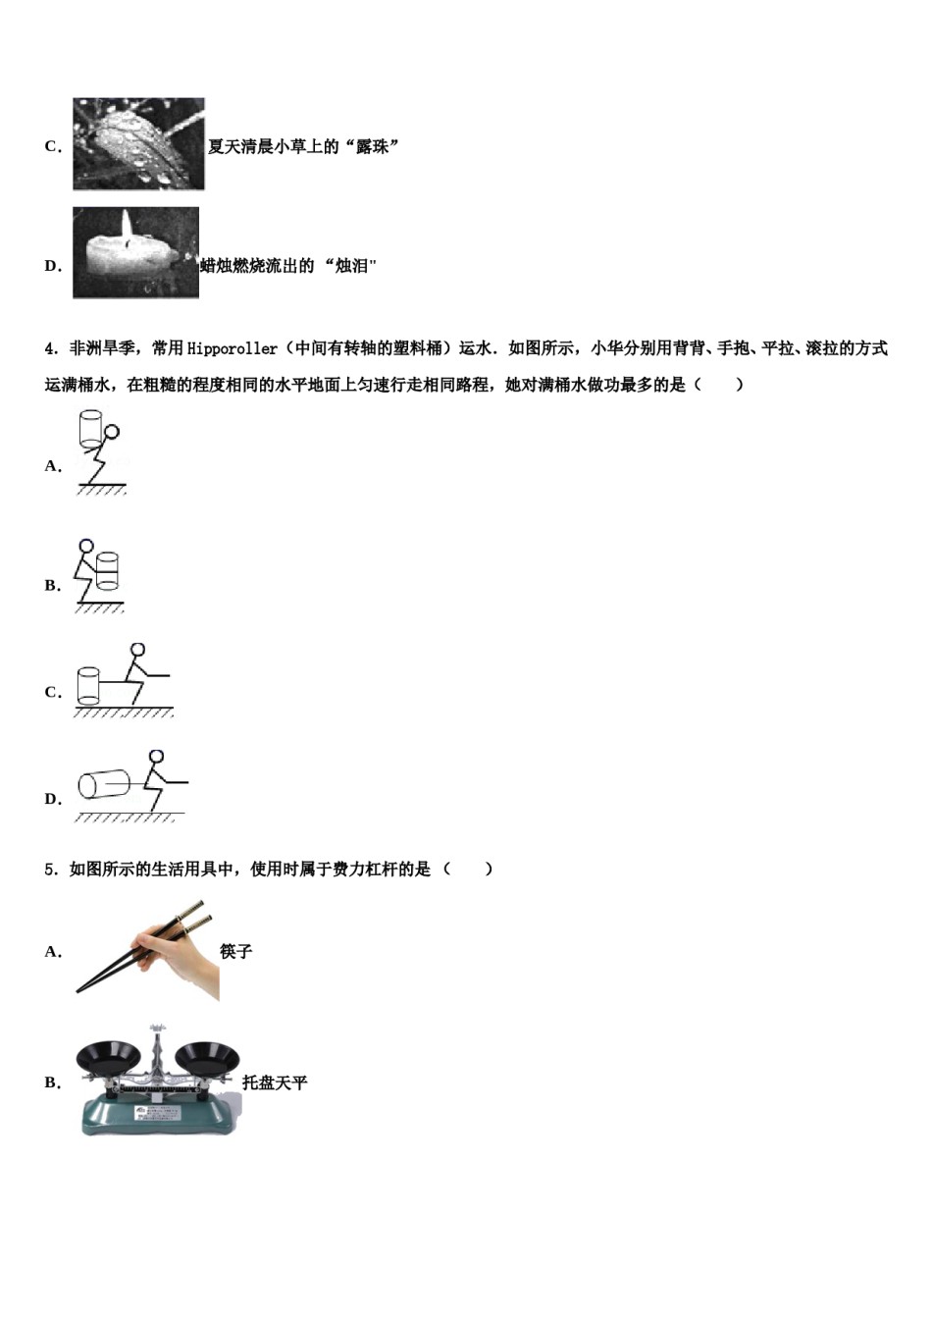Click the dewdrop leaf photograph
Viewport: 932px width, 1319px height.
tap(138, 143)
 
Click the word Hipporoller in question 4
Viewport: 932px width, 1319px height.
tap(232, 348)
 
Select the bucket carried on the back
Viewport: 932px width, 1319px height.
tap(91, 427)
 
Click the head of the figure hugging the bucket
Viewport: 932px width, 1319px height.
tap(86, 546)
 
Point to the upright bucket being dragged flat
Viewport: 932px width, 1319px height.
tap(88, 685)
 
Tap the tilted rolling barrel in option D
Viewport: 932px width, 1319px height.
tap(104, 784)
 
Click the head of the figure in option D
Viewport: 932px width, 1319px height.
tap(156, 758)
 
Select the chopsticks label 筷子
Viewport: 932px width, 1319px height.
tap(236, 951)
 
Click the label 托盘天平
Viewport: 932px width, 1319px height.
tap(275, 1082)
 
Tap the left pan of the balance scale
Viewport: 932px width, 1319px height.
tap(111, 1058)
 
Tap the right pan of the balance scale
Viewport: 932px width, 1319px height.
tap(207, 1058)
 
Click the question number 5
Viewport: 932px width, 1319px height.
tap(50, 869)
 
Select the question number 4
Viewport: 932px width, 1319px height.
tap(50, 348)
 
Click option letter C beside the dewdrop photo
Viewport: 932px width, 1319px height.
tap(52, 146)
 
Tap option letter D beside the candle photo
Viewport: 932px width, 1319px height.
tap(52, 266)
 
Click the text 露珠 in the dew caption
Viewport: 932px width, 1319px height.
tap(373, 146)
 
